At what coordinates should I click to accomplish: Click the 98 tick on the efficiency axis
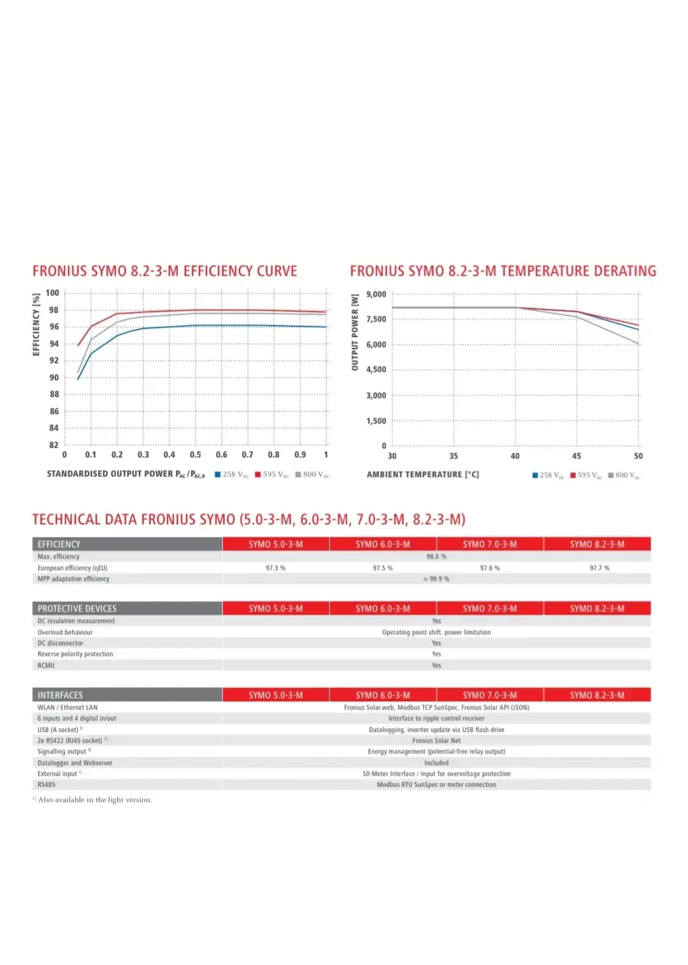click(x=54, y=310)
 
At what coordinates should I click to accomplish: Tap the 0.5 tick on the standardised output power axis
click(x=195, y=455)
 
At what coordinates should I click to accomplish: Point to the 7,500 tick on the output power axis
click(x=376, y=319)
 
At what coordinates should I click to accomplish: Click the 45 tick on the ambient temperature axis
click(x=577, y=456)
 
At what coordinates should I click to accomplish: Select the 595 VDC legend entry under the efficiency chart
click(x=272, y=475)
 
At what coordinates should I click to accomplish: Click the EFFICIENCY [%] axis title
click(x=36, y=324)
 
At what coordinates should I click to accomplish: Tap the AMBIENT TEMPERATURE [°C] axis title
click(x=422, y=475)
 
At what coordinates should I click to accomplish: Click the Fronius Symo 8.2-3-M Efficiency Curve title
click(x=164, y=271)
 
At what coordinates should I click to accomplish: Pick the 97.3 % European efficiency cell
click(x=275, y=568)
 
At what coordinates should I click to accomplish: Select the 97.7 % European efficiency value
click(x=599, y=568)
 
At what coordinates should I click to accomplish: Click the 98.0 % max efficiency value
click(x=436, y=557)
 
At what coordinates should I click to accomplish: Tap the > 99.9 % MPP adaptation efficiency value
click(x=436, y=579)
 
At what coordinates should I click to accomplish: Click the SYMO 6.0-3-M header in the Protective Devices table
click(x=382, y=609)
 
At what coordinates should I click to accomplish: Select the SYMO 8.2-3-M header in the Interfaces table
click(x=597, y=696)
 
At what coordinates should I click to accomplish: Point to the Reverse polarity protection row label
click(x=75, y=654)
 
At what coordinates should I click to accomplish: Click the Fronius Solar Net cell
click(x=436, y=741)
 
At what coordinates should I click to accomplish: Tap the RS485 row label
click(x=47, y=785)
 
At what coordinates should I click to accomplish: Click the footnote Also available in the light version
click(x=94, y=800)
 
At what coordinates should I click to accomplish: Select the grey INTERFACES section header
click(x=127, y=696)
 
